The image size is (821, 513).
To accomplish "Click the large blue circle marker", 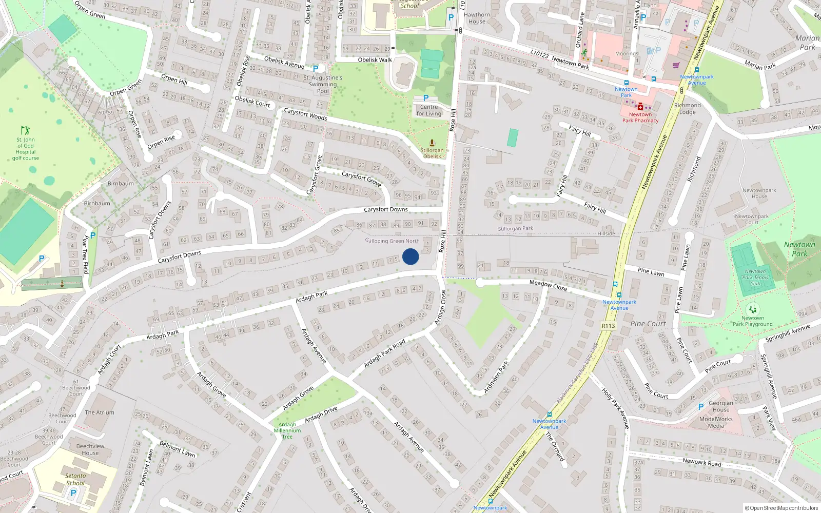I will [411, 256].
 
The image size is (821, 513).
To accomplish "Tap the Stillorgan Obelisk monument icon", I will [432, 143].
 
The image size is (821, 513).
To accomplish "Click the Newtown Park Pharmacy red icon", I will [640, 107].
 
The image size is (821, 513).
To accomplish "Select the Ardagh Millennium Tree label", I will [287, 430].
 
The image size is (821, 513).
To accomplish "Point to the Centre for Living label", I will [429, 110].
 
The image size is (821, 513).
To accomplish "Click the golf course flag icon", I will [25, 130].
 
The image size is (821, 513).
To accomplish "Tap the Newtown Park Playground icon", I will [753, 309].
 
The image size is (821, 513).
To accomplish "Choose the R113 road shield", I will [608, 326].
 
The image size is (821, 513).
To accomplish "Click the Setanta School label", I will [75, 479].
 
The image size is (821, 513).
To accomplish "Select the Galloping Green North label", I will [393, 241].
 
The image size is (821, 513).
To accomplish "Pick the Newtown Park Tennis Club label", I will [755, 277].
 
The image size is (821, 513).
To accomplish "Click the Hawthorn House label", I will [477, 18].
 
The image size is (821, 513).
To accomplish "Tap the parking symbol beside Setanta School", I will [73, 493].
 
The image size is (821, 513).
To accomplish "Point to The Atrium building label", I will [100, 412].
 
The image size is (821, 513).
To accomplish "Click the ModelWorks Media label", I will [716, 422].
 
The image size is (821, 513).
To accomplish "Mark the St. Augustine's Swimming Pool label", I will [323, 84].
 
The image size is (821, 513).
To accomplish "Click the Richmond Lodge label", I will [687, 109].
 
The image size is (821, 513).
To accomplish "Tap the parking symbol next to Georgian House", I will [701, 407].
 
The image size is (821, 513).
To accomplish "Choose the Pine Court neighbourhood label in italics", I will [648, 324].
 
